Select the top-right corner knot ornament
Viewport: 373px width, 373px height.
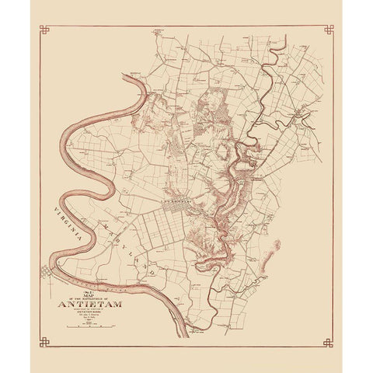coord(329,30)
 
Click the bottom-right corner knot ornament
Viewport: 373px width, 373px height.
coord(329,343)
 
